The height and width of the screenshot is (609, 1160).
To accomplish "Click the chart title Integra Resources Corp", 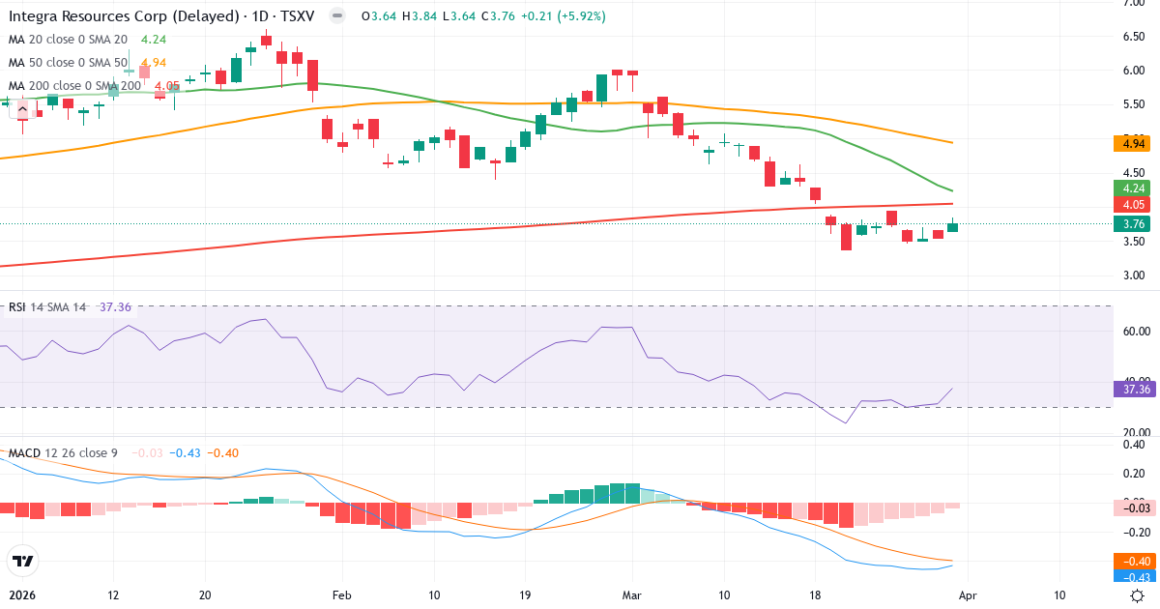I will pyautogui.click(x=124, y=16).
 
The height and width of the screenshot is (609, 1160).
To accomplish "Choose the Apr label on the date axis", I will pyautogui.click(x=969, y=595).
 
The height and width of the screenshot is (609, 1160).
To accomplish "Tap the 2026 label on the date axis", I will pyautogui.click(x=22, y=595).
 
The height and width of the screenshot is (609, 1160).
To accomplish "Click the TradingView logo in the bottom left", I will pyautogui.click(x=22, y=560).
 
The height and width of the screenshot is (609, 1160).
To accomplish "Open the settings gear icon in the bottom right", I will pyautogui.click(x=1138, y=595).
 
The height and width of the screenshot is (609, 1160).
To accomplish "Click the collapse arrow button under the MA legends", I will pyautogui.click(x=22, y=109).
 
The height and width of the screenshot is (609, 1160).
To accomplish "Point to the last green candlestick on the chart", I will pyautogui.click(x=954, y=227).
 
